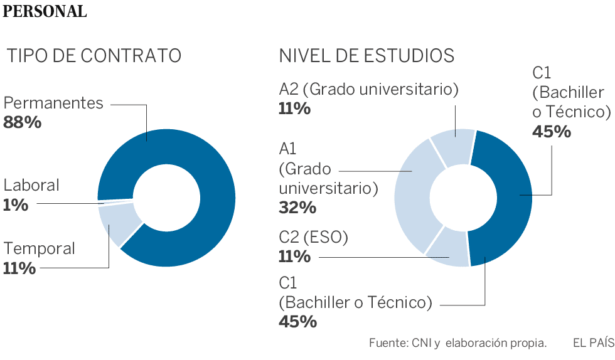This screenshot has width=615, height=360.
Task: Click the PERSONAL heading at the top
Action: click(45, 11)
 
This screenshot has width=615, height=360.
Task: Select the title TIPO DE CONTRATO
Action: click(94, 56)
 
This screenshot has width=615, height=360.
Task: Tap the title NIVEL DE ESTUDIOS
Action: click(366, 56)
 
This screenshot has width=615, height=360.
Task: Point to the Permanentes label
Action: click(53, 103)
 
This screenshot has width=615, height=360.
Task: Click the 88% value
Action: click(23, 122)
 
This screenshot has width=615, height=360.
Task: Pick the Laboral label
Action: click(31, 185)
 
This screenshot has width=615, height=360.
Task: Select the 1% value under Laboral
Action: click(16, 204)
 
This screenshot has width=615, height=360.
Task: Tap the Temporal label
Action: click(39, 248)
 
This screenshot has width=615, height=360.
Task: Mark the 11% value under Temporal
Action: click(19, 268)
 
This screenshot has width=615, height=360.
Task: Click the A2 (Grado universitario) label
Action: click(368, 89)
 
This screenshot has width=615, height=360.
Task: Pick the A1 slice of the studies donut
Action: click(411, 194)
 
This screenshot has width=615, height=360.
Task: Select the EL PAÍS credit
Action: click(593, 343)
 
